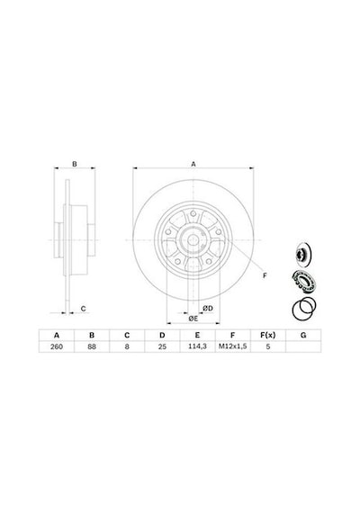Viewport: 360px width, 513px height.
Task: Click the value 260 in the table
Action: click(57, 346)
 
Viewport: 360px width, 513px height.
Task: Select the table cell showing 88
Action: click(92, 346)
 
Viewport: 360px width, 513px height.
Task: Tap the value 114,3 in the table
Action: click(197, 346)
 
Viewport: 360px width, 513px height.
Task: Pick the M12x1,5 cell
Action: click(233, 346)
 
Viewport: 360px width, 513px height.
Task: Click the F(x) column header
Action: click(267, 335)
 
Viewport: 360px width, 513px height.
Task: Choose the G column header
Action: click(303, 335)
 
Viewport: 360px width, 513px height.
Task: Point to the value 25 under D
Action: click(162, 346)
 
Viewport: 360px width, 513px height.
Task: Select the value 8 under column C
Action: click(127, 346)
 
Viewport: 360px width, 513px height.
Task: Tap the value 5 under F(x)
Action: click(267, 346)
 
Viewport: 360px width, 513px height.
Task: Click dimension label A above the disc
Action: click(193, 164)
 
